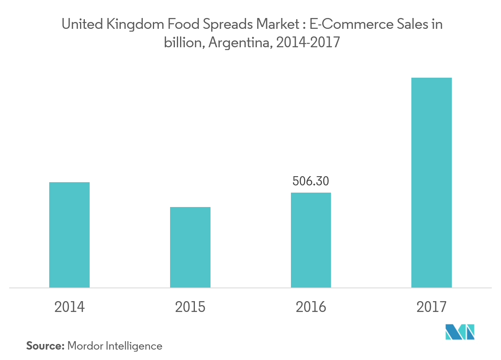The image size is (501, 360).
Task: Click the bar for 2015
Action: tap(190, 247)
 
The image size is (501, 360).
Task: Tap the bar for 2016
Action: tap(311, 240)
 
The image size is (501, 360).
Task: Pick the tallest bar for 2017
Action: tap(431, 183)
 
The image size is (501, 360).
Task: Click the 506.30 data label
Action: tap(311, 181)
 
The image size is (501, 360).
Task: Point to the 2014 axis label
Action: tap(69, 307)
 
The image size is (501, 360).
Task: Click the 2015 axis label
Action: tap(190, 307)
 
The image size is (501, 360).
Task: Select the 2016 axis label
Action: tap(311, 307)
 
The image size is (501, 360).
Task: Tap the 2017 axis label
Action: tap(431, 307)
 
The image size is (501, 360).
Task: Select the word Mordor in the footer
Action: tap(85, 346)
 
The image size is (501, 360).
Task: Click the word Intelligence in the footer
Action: tap(134, 346)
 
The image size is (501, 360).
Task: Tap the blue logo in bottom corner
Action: tap(460, 332)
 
